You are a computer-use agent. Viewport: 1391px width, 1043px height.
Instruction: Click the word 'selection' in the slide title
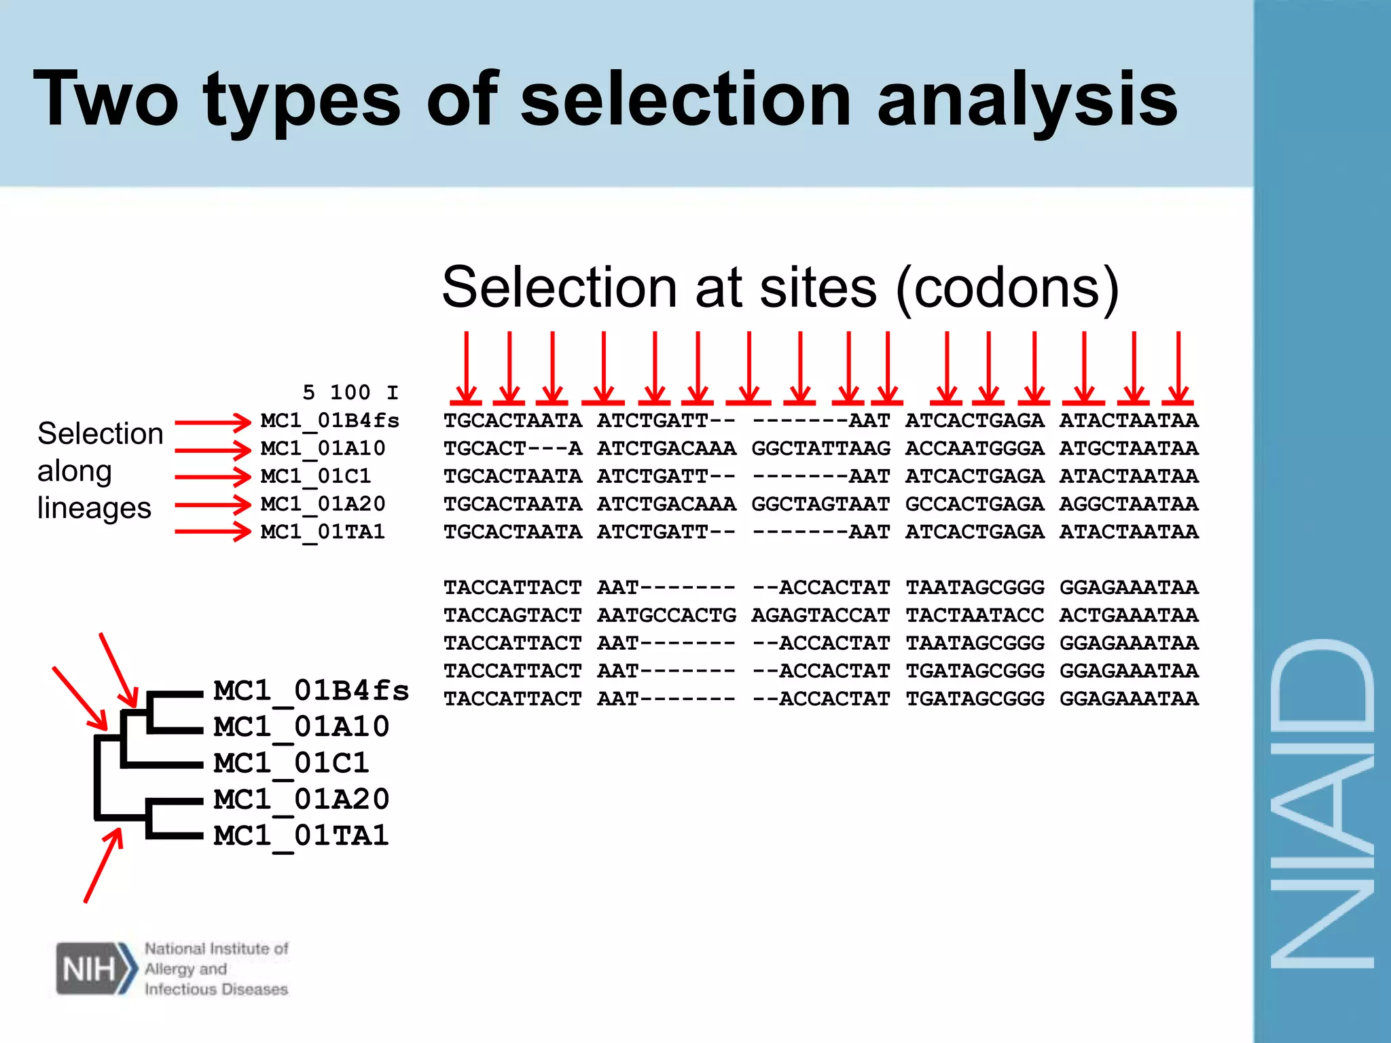point(685,100)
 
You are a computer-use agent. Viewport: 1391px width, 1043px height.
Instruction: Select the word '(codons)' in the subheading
point(1007,289)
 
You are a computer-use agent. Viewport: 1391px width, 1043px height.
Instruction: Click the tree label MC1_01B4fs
point(311,691)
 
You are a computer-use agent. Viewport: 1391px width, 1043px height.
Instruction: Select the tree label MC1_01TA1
point(302,835)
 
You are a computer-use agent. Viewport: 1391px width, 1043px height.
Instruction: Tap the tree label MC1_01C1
point(291,763)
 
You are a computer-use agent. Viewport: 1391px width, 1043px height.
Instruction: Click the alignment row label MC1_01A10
point(323,449)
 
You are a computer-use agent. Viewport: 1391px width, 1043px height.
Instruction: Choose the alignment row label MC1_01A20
point(323,505)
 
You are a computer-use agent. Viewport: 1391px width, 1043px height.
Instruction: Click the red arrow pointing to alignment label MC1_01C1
point(213,477)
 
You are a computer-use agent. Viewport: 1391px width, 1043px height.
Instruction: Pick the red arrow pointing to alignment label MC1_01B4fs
point(213,422)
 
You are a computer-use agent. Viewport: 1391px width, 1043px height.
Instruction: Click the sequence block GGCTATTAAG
point(820,449)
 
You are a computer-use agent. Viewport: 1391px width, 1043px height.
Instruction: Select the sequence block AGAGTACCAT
point(820,615)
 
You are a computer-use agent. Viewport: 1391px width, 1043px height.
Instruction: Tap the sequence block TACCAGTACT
point(513,615)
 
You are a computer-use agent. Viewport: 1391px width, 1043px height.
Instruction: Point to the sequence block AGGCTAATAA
point(1129,505)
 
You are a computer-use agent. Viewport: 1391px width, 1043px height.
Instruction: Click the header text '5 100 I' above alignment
point(350,392)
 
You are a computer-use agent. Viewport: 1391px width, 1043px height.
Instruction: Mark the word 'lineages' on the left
point(94,508)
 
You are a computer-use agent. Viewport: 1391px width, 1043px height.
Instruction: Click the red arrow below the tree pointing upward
point(104,865)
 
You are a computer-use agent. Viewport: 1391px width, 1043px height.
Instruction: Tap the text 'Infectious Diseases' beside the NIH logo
point(216,989)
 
